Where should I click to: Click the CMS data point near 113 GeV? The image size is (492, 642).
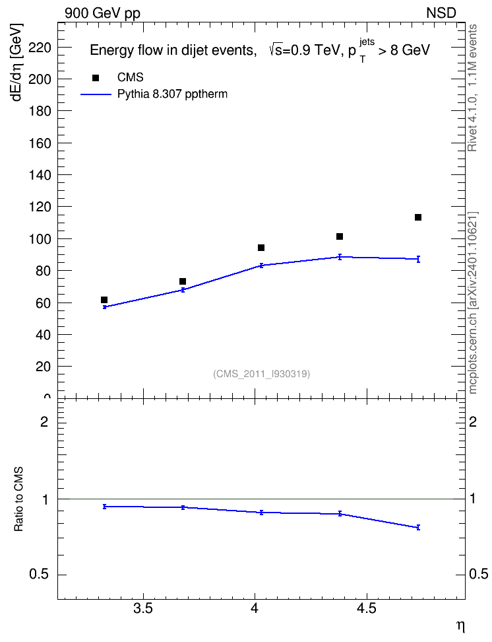point(418,217)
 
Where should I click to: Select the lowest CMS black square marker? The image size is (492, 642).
point(104,300)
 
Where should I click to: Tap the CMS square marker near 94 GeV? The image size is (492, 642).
point(261,248)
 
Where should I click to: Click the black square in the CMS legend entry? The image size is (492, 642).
point(96,78)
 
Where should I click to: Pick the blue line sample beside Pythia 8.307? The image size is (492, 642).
point(96,94)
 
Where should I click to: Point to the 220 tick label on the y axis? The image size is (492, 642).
point(40,48)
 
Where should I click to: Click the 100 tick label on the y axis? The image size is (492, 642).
point(40,238)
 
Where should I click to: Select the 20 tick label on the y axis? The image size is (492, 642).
point(43,367)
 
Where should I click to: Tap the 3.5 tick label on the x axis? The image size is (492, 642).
point(143,608)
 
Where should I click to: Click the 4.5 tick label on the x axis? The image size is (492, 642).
point(367,608)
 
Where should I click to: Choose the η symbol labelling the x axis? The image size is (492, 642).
point(460,626)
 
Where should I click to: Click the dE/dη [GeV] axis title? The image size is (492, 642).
point(17,62)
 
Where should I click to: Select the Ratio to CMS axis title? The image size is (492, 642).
point(18,499)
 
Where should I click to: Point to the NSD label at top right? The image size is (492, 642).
point(441,13)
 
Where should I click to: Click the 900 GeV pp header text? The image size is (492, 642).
point(102,13)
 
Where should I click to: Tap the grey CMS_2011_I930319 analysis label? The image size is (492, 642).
point(261,374)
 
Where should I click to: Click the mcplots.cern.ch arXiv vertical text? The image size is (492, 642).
point(472,303)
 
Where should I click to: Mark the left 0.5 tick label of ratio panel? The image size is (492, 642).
point(39,575)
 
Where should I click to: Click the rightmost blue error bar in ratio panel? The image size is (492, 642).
point(418,527)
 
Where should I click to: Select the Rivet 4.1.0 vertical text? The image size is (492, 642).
point(472,88)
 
